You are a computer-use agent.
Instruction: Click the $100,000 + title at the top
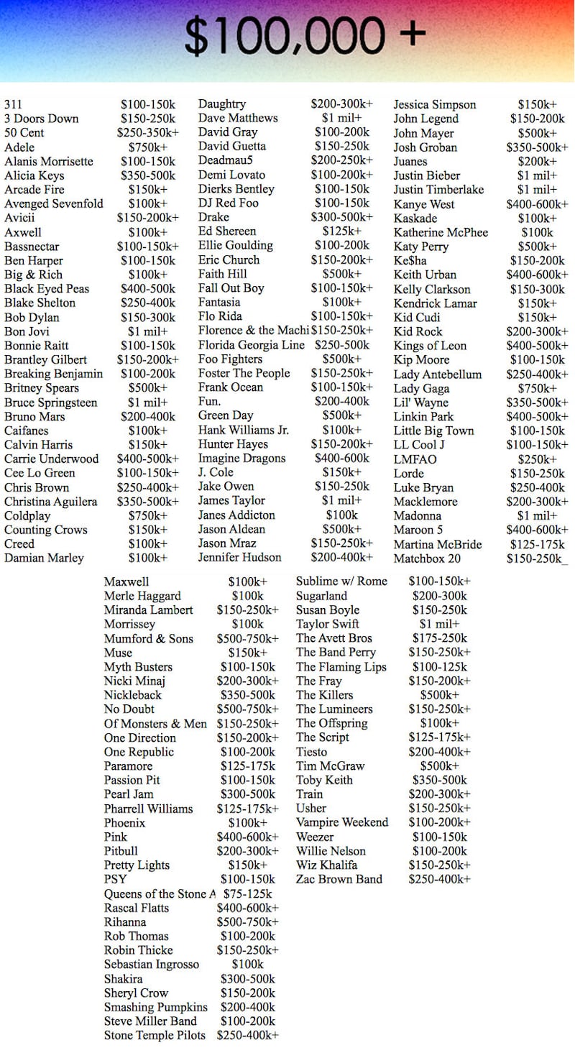305,34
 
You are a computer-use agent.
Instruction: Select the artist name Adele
19,147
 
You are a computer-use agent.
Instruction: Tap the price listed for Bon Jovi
147,331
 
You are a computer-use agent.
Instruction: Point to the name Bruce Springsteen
50,403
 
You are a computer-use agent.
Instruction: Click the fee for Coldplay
147,515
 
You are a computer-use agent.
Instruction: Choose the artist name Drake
213,217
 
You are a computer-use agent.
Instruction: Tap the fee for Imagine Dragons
341,459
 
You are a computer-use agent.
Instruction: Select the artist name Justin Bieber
426,175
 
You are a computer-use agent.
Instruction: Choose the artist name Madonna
417,515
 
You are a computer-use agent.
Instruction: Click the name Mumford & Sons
148,638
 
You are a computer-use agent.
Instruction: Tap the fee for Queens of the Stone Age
247,893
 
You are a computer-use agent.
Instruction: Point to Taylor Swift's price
439,624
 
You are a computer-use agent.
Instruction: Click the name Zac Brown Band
339,879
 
